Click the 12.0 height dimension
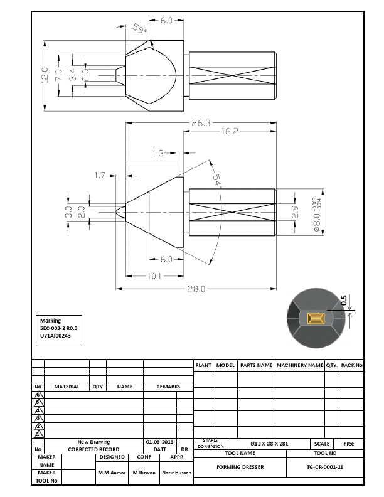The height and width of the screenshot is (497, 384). tap(45, 75)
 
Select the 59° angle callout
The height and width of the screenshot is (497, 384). tap(139, 29)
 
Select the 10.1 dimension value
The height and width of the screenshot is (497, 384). tap(154, 276)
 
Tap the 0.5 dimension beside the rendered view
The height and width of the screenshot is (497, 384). tap(343, 301)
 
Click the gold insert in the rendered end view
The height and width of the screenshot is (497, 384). tap(316, 319)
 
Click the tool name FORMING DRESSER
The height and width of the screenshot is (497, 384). tap(240, 467)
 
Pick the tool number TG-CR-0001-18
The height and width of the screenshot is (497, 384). tap(325, 467)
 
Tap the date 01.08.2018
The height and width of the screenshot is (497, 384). tap(160, 442)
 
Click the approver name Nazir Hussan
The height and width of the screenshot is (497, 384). tap(176, 472)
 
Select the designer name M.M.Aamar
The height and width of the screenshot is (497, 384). tap(112, 472)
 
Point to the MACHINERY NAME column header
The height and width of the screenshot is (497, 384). tap(299, 365)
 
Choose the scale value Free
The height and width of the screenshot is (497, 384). tap(349, 444)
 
